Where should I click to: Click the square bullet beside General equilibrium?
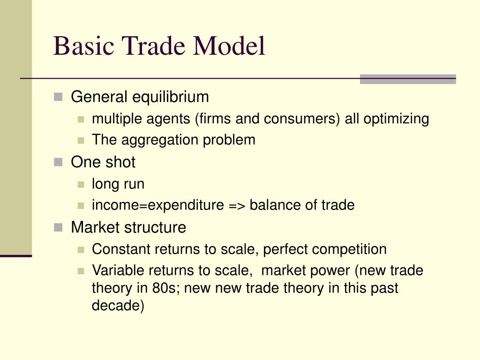(58, 97)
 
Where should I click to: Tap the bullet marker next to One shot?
(58, 162)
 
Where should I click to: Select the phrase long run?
(118, 184)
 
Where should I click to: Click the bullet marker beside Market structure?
(58, 228)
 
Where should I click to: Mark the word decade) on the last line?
(118, 305)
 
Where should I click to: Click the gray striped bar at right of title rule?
(407, 79)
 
